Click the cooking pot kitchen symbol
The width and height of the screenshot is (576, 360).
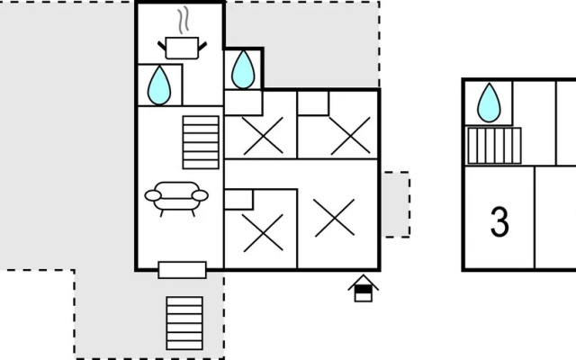182,48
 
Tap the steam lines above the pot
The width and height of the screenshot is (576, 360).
184,20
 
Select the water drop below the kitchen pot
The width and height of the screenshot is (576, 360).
159,85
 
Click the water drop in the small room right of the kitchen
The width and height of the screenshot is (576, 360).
243,69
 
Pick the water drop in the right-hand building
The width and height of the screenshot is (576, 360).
489,103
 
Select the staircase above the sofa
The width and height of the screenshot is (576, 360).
201,142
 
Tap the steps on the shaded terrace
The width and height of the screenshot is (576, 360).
184,323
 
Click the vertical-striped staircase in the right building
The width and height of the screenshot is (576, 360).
494,146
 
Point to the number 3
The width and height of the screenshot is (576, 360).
500,221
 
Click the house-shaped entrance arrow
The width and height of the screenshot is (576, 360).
364,288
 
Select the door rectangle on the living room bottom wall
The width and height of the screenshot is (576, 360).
182,270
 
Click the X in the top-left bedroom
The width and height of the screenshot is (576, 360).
263,136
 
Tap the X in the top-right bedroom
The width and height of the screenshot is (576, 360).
350,136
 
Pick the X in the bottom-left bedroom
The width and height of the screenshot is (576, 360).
263,233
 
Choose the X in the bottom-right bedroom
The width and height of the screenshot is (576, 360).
335,218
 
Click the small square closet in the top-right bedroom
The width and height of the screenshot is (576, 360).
313,103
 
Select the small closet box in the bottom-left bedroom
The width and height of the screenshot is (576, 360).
238,200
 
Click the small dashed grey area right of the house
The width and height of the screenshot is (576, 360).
396,204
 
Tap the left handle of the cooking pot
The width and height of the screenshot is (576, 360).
162,46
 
